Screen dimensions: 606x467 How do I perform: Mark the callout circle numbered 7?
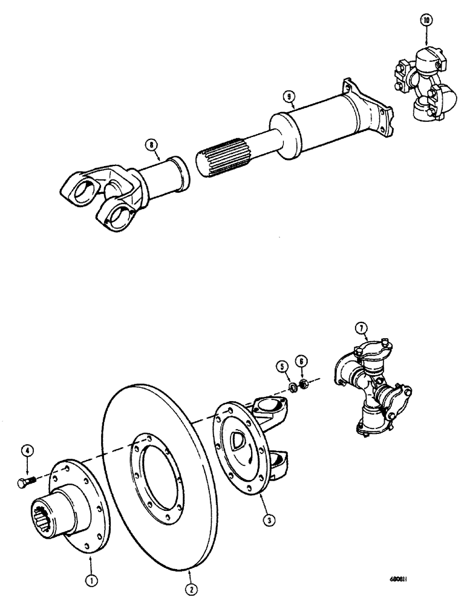click(362, 329)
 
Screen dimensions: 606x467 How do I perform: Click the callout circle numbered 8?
click(150, 144)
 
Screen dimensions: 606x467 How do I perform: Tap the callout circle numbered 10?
click(428, 20)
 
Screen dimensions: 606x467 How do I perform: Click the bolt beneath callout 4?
click(27, 482)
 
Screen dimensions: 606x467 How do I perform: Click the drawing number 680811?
click(418, 578)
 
